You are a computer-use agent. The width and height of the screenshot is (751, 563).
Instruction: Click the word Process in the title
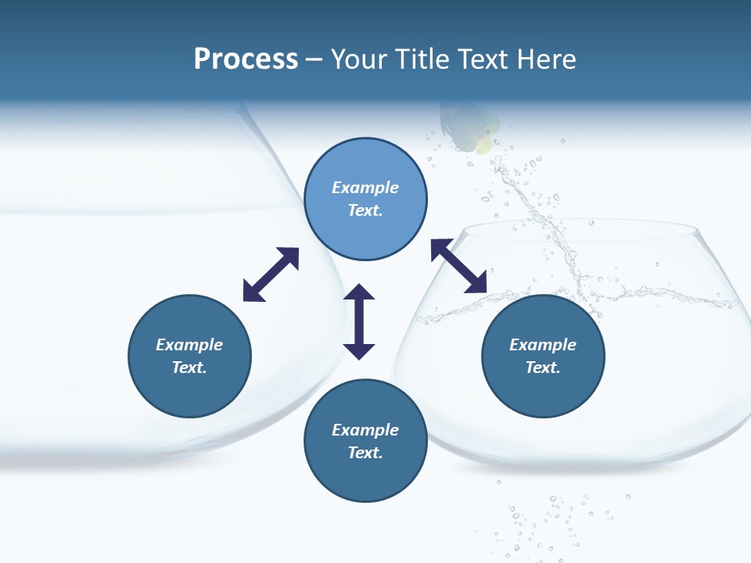tap(246, 59)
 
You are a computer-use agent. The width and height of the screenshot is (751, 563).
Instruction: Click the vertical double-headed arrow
tap(359, 321)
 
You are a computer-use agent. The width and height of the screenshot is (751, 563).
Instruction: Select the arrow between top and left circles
tap(271, 274)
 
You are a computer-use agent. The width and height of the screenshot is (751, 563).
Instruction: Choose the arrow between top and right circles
tap(459, 266)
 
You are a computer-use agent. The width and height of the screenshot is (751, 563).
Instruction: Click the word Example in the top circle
tap(365, 188)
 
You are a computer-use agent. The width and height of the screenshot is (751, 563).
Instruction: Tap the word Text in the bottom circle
tap(365, 453)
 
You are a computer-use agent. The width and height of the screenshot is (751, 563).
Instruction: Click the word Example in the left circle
tap(189, 345)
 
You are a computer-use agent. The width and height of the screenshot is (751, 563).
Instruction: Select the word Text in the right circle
tap(543, 368)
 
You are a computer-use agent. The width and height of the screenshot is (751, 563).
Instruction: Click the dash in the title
tap(314, 59)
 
